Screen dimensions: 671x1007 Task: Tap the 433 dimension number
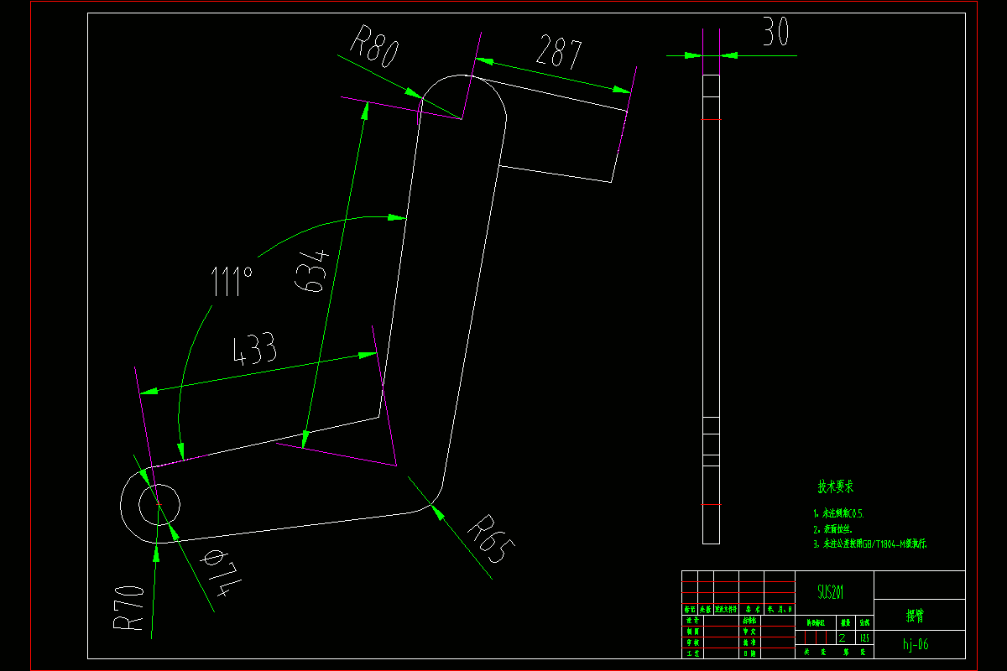pos(255,350)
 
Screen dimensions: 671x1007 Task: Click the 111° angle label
pos(232,282)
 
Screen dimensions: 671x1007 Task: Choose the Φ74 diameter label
pos(213,575)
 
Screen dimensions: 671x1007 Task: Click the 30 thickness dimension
pos(776,34)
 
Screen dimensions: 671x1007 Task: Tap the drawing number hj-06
pos(916,645)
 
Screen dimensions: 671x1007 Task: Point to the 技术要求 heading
pos(836,486)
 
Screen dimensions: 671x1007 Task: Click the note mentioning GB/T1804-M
pos(869,544)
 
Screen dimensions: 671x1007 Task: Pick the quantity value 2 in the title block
pos(843,638)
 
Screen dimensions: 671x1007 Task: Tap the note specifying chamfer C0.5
pos(838,513)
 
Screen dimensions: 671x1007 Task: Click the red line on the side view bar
pos(711,119)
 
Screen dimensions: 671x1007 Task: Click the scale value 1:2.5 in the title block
pos(864,638)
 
